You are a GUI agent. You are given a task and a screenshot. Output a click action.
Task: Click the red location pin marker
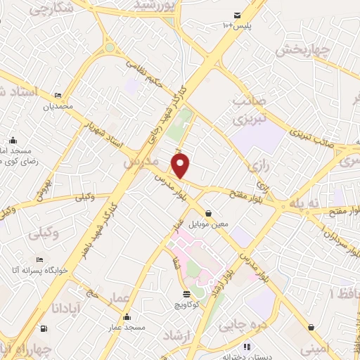pos(181,166)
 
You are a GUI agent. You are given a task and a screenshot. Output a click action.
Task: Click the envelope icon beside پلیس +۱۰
pos(237,15)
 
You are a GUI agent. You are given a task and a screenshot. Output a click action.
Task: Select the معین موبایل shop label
pos(208,225)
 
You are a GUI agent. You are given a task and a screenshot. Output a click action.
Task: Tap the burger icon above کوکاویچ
pos(186,294)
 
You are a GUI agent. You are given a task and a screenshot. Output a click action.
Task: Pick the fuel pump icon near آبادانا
pos(44,328)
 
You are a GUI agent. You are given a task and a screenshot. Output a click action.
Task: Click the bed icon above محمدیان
pos(58,96)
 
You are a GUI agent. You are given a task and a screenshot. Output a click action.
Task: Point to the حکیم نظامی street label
pos(149,73)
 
